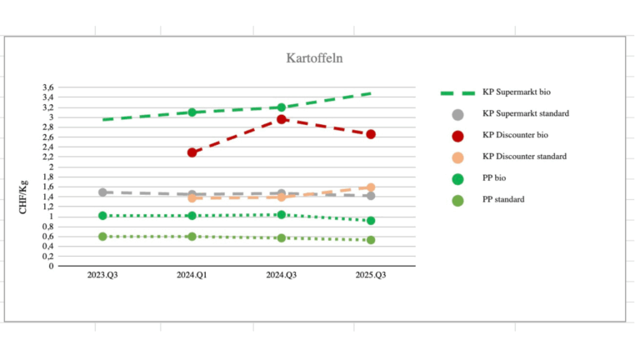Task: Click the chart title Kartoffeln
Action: tap(315, 58)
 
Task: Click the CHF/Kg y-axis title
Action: tap(24, 197)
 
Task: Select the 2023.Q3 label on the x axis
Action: tap(102, 275)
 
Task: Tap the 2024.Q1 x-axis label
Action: tap(192, 275)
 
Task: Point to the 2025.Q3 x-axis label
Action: tap(370, 275)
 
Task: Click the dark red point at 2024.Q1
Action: tap(192, 152)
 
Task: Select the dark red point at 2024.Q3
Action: tap(282, 119)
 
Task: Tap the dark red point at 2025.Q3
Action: tap(371, 134)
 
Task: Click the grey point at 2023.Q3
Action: tap(102, 192)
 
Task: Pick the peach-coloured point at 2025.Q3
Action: tap(371, 187)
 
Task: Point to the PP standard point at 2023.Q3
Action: tap(102, 237)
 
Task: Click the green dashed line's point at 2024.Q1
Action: tap(192, 112)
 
